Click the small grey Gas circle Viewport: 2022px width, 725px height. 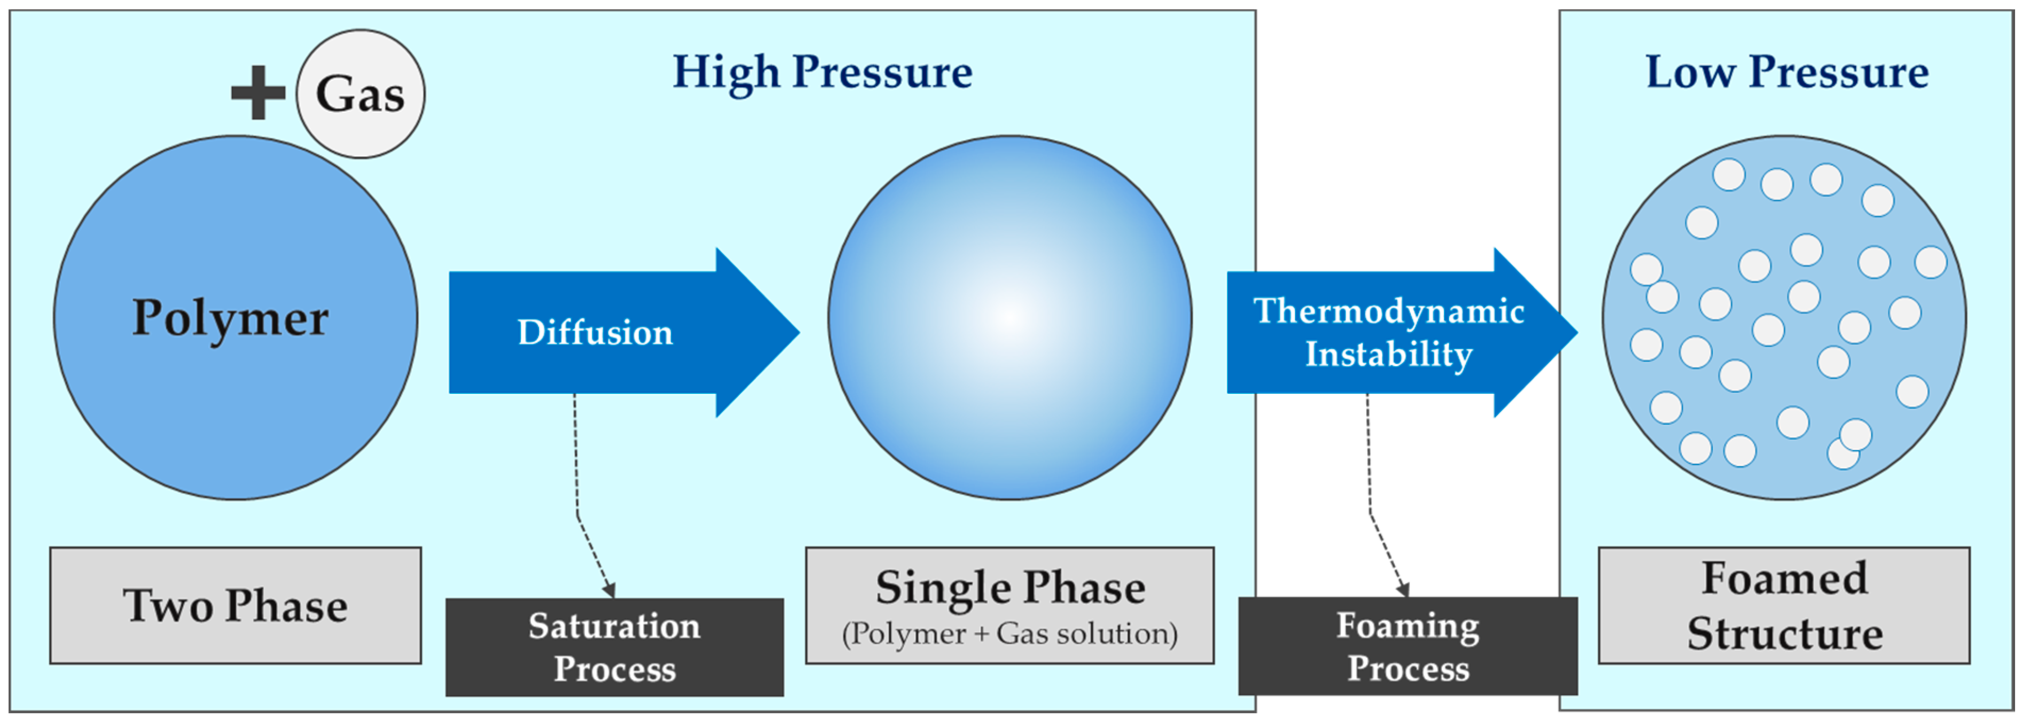click(x=360, y=94)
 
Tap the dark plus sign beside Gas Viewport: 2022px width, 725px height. click(x=257, y=92)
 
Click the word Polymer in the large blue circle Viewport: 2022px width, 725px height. click(x=230, y=318)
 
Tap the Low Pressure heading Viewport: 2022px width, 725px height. click(x=1787, y=72)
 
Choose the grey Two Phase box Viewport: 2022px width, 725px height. click(x=235, y=606)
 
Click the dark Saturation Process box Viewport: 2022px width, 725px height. click(x=614, y=647)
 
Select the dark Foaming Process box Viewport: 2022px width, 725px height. click(x=1408, y=646)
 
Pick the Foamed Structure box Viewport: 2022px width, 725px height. click(x=1784, y=606)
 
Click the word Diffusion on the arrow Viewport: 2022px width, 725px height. click(x=595, y=333)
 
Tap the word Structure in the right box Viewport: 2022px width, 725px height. click(x=1785, y=634)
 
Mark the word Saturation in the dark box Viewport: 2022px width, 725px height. click(x=614, y=626)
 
